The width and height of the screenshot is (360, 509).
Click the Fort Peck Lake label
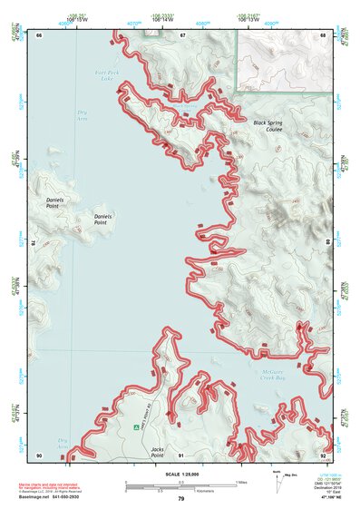pos(106,75)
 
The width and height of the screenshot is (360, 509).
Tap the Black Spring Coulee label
pos(268,125)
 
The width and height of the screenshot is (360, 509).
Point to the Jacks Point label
pos(158,449)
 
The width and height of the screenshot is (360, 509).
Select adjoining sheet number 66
pos(39,34)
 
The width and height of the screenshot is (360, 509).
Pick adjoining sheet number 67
pos(181,34)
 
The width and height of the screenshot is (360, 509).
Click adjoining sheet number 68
pos(323,34)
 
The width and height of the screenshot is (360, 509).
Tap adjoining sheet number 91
pos(181,455)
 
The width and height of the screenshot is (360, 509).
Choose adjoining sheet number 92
pos(323,455)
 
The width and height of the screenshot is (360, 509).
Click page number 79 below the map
pos(180,498)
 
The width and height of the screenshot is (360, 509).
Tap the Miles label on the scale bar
pos(241,481)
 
